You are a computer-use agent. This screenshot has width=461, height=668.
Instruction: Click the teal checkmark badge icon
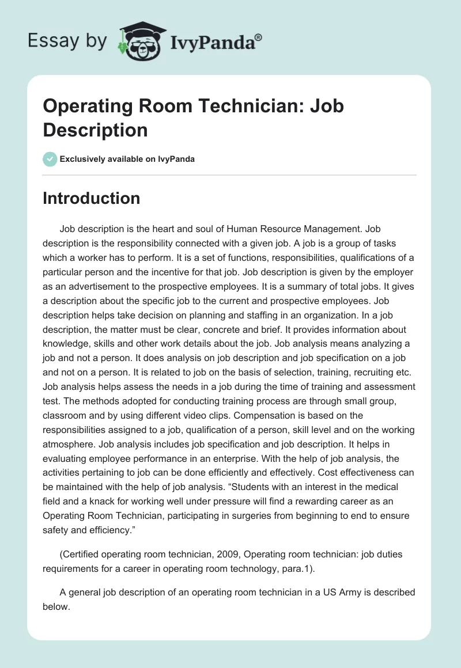point(50,159)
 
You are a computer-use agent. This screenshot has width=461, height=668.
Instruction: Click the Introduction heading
point(91,198)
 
